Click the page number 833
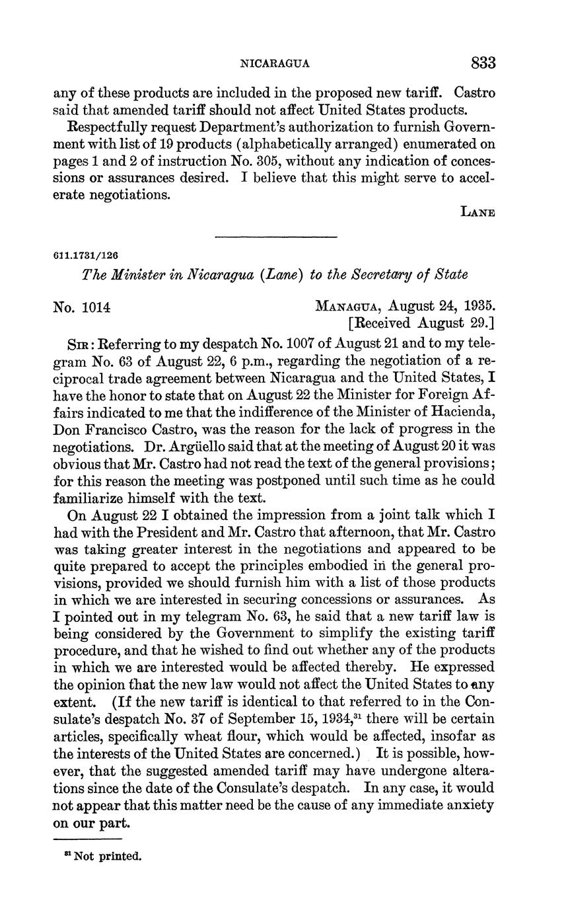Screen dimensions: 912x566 pos(483,63)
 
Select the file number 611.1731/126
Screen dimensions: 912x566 pos(85,255)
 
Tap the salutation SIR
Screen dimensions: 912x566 pos(80,345)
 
